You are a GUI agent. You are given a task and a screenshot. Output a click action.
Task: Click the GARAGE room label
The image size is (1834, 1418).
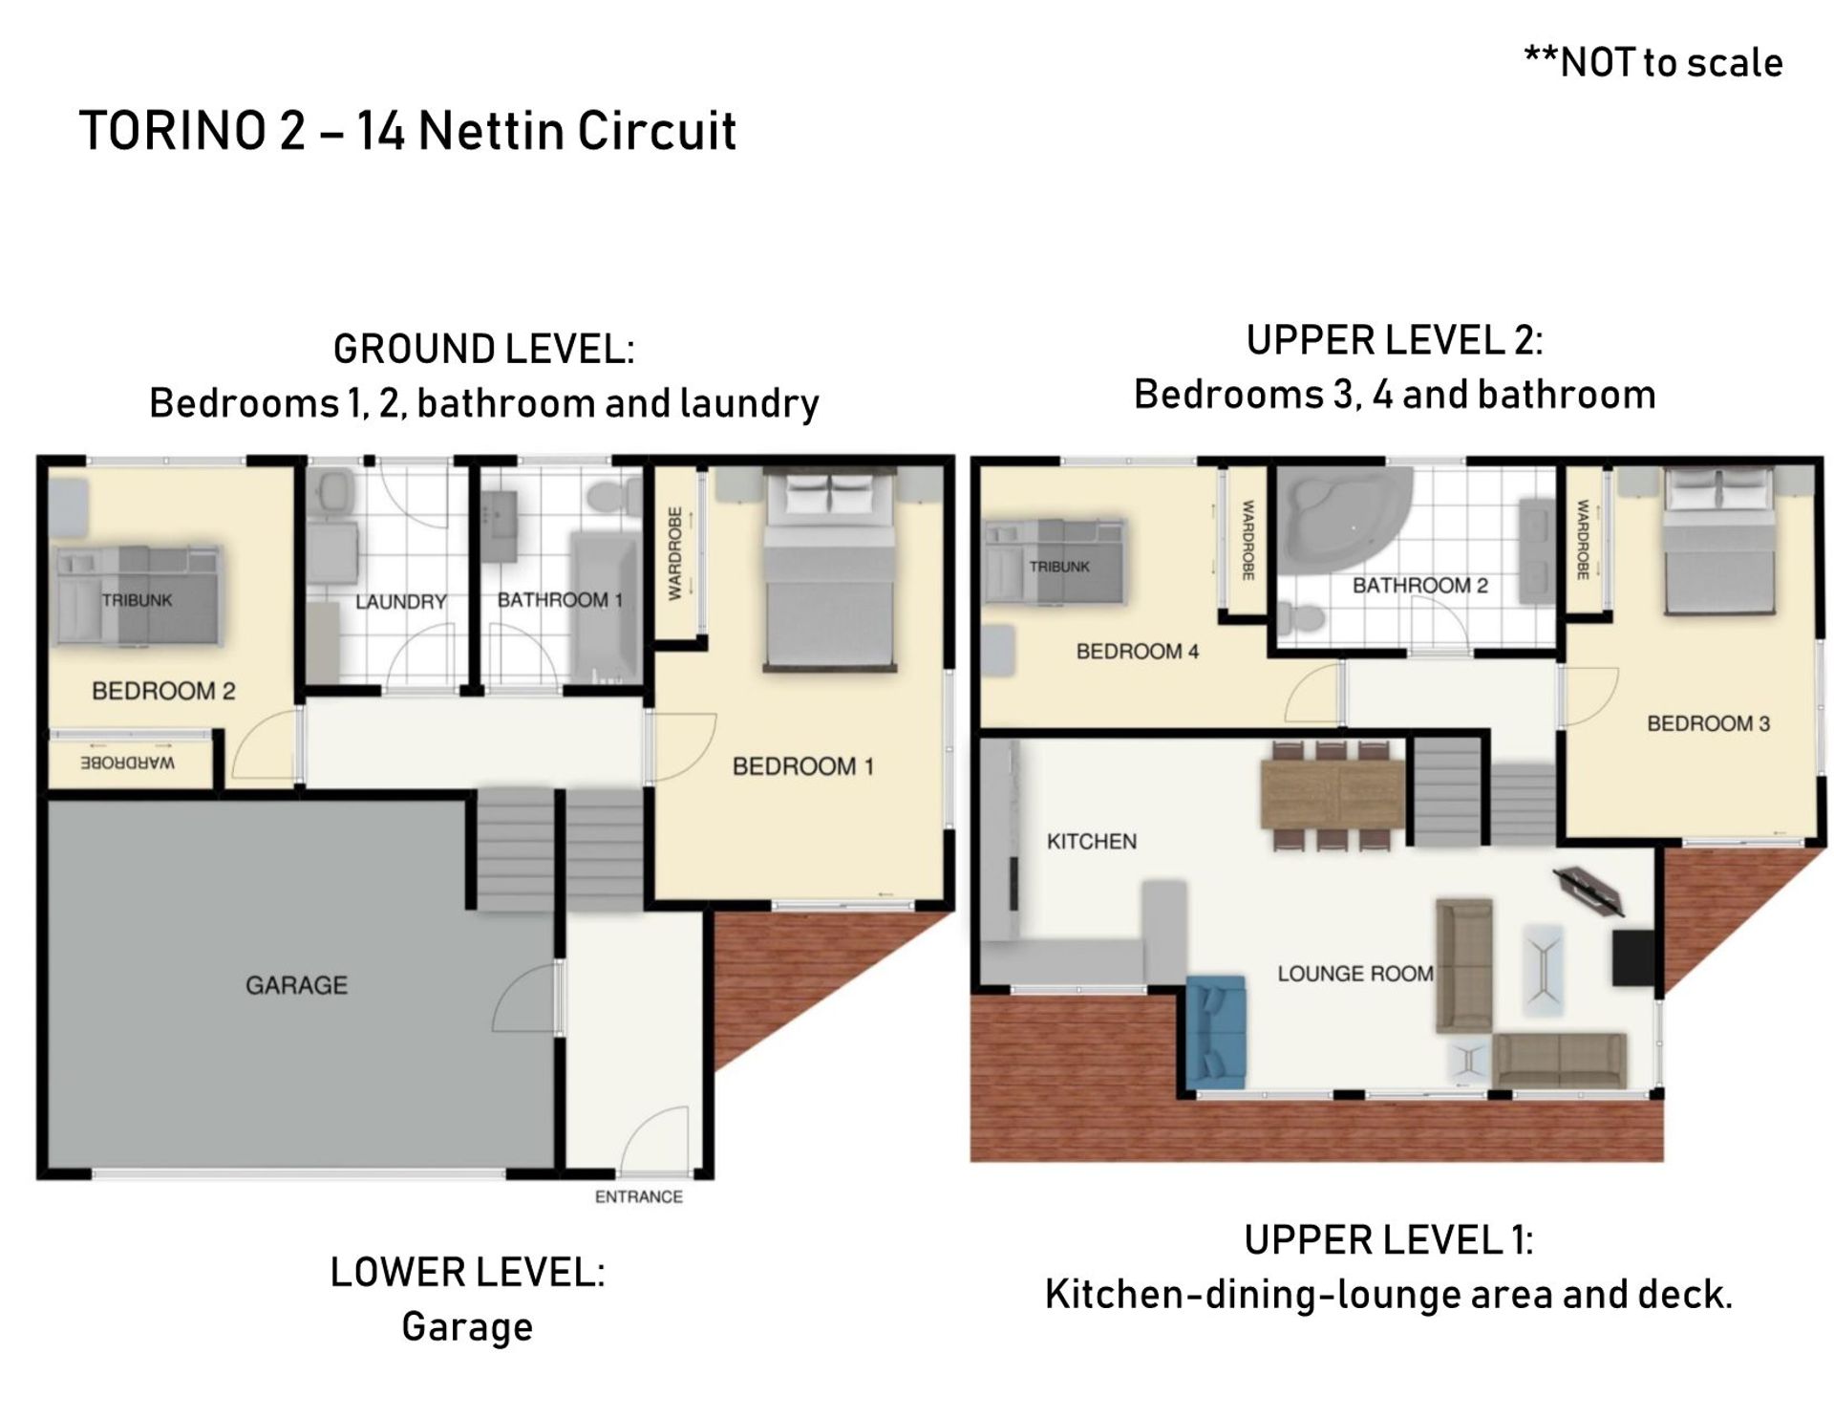[296, 985]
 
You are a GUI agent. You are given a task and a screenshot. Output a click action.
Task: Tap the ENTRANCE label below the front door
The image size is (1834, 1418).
[638, 1197]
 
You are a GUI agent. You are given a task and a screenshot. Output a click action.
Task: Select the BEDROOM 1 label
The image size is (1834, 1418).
[802, 766]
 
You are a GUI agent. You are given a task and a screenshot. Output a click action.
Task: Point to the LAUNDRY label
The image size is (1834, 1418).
[401, 602]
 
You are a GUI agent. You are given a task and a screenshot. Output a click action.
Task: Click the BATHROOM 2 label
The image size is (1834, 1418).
[1419, 586]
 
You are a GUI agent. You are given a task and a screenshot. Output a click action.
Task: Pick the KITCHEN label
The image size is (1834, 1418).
[1092, 842]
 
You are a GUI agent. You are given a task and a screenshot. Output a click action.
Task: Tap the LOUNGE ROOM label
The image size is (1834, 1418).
[1355, 974]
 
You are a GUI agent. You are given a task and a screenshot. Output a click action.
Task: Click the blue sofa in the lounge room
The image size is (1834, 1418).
[1216, 1032]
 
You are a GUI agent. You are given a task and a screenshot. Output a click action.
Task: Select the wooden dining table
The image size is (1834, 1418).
[1333, 794]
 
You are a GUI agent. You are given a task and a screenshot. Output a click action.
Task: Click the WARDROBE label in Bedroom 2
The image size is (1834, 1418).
[128, 763]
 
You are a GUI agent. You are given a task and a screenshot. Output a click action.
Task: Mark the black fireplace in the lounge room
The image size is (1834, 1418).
[1632, 957]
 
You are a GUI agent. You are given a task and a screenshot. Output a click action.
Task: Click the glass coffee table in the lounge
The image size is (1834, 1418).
[1544, 970]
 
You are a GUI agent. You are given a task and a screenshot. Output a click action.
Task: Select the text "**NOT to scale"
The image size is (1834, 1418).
[1653, 62]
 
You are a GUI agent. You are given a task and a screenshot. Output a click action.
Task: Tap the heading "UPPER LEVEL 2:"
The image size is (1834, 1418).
[1395, 341]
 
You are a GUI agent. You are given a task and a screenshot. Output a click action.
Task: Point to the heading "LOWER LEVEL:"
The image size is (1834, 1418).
[467, 1273]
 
